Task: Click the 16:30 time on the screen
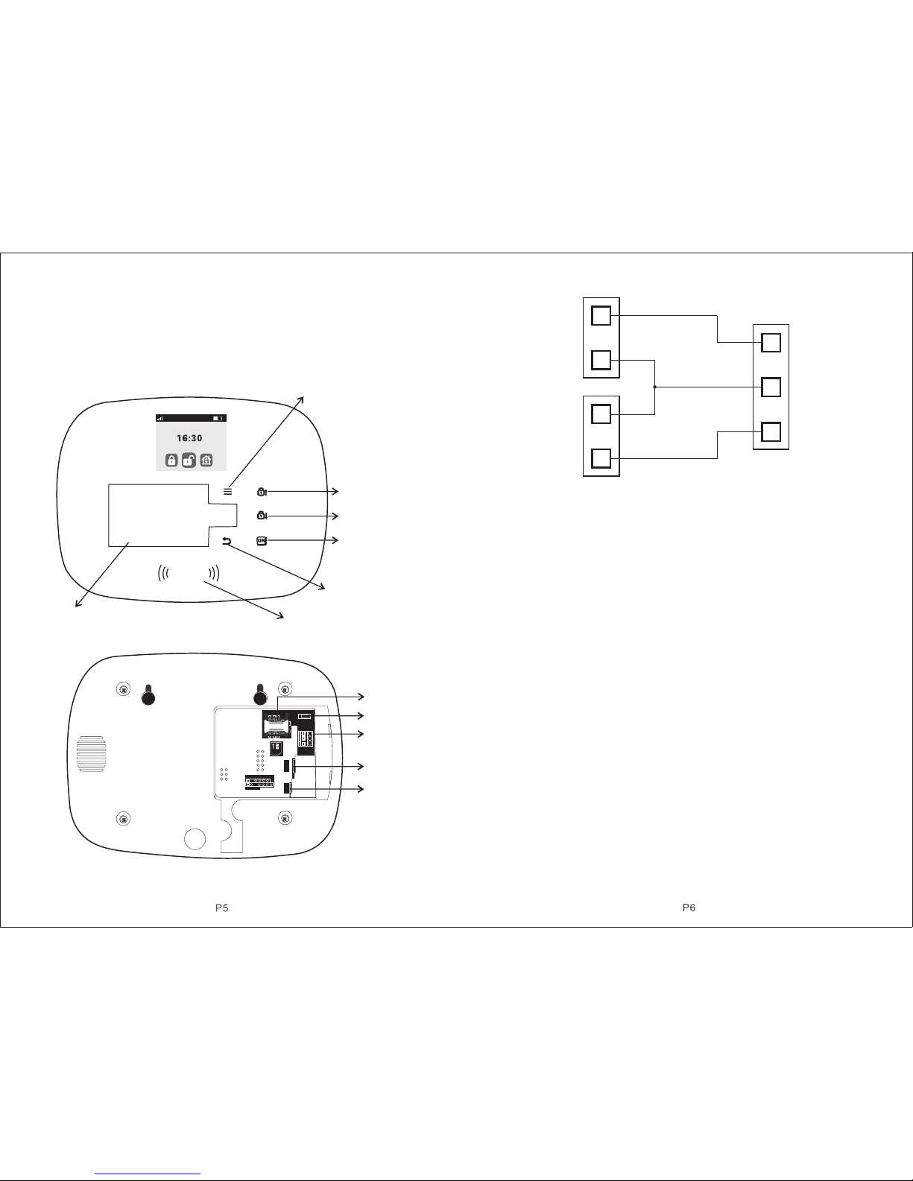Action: tap(189, 438)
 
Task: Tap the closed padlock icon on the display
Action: tap(171, 460)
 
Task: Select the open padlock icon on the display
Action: tap(189, 460)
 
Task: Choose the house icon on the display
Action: tap(206, 460)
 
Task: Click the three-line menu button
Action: tap(228, 491)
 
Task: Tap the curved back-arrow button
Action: tap(227, 541)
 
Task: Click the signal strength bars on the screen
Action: tap(159, 419)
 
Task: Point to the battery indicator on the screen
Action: tap(218, 419)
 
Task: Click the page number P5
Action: tap(222, 908)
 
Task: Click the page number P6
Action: tap(689, 908)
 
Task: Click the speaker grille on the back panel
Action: tap(91, 754)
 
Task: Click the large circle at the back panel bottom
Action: tap(195, 838)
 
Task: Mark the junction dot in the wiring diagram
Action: tap(654, 387)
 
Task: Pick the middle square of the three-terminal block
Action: tap(771, 387)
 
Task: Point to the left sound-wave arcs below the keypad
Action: tap(163, 574)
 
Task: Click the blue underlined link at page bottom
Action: tap(148, 1172)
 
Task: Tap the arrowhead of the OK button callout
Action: tap(335, 540)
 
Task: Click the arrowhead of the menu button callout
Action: tap(300, 399)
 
